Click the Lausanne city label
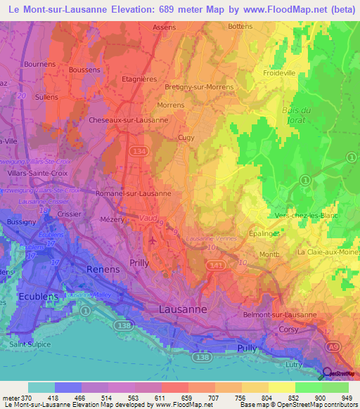coord(182,309)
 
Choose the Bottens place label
coord(240,27)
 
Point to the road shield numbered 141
coord(215,265)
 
